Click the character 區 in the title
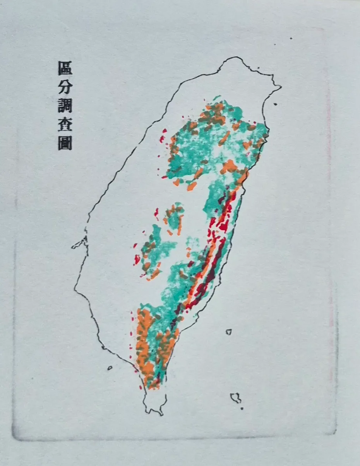pyautogui.click(x=65, y=68)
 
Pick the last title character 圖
pyautogui.click(x=65, y=143)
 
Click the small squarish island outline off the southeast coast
pyautogui.click(x=229, y=332)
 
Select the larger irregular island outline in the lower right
pyautogui.click(x=235, y=398)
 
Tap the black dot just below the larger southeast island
pyautogui.click(x=242, y=408)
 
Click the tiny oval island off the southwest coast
pyautogui.click(x=110, y=368)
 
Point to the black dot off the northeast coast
pyautogui.click(x=275, y=104)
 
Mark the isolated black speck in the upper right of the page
pyautogui.click(x=291, y=38)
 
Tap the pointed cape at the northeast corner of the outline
pyautogui.click(x=280, y=87)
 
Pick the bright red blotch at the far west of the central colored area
pyautogui.click(x=137, y=260)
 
